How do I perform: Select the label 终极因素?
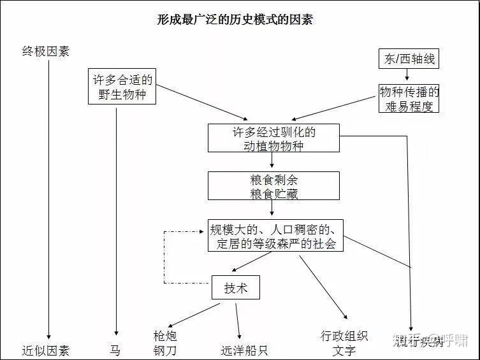45,52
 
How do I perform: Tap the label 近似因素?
45,350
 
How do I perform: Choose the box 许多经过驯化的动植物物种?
273,138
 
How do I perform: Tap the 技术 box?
236,288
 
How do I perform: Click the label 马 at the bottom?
115,350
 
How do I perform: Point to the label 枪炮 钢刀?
164,343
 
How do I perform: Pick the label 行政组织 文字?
344,343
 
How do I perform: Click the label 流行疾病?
418,342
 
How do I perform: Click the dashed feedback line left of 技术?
164,258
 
